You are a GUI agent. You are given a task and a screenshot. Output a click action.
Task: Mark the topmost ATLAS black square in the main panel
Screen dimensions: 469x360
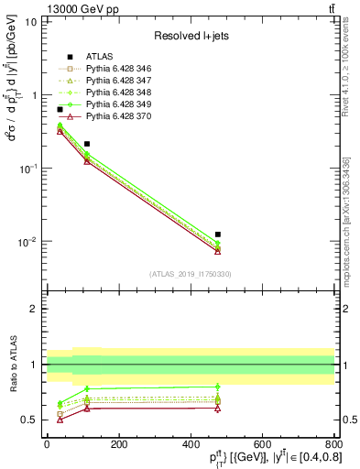[60, 110]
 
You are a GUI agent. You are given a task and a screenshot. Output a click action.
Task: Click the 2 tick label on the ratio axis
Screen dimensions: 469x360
[35, 309]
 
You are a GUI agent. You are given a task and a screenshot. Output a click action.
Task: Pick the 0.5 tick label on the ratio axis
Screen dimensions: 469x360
[30, 420]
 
